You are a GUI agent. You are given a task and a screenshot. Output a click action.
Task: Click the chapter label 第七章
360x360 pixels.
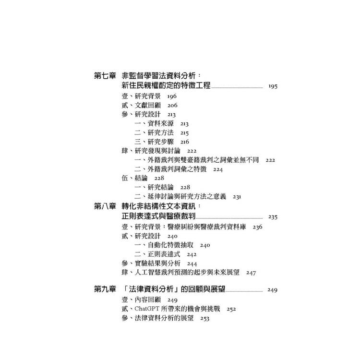(x=105, y=75)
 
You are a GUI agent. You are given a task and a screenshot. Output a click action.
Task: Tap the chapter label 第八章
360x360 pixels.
(x=105, y=206)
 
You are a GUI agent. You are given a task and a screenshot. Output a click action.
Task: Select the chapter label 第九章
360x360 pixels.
(x=105, y=289)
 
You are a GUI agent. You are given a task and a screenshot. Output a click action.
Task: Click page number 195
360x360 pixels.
(x=273, y=86)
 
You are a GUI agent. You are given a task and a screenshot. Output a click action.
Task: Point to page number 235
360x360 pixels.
(x=273, y=217)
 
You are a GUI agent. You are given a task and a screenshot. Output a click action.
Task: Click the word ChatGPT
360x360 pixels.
(x=147, y=309)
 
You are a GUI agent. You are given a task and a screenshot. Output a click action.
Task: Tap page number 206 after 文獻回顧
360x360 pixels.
(x=172, y=106)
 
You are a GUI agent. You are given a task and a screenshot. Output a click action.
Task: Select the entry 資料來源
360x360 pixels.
(x=160, y=123)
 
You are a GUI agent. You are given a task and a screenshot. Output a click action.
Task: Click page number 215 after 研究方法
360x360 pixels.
(x=184, y=133)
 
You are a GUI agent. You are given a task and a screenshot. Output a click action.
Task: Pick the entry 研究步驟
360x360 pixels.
(x=160, y=142)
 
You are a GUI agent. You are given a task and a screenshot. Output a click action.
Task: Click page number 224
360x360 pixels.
(x=217, y=169)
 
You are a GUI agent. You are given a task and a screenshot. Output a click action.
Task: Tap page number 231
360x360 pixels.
(x=237, y=197)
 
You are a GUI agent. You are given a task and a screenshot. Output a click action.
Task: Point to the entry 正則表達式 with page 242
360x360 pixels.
(x=164, y=254)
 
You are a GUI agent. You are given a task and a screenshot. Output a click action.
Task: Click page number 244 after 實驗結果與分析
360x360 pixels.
(x=192, y=264)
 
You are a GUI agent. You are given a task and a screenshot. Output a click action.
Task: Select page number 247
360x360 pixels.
(x=251, y=273)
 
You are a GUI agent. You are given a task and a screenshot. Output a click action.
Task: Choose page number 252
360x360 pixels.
(x=231, y=309)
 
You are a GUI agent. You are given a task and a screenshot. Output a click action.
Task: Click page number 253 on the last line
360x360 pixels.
(x=204, y=318)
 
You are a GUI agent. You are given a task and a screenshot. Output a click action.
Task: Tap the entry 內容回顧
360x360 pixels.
(x=148, y=300)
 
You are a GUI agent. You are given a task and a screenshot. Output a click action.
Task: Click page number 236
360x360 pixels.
(x=257, y=228)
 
